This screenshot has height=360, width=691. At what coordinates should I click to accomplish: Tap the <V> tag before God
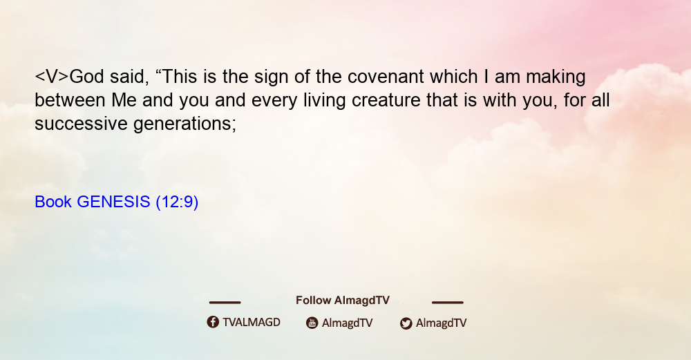[x=52, y=77]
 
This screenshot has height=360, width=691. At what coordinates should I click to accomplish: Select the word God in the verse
[x=87, y=77]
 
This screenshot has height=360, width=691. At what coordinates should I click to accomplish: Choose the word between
[x=70, y=100]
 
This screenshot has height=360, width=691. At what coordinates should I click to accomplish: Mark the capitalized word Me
[x=124, y=100]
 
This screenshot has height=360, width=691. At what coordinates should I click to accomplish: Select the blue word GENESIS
[x=113, y=202]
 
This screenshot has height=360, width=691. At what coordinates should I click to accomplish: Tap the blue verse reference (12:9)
[x=177, y=202]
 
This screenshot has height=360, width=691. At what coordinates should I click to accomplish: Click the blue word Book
[x=53, y=202]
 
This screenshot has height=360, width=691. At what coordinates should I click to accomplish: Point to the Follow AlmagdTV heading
[x=343, y=301]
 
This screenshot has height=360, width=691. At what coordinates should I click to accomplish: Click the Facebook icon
[x=213, y=322]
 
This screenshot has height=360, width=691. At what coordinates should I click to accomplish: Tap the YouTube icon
[x=312, y=323]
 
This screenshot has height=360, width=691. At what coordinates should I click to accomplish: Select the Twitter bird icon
[x=406, y=323]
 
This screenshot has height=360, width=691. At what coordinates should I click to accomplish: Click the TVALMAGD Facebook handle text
[x=252, y=323]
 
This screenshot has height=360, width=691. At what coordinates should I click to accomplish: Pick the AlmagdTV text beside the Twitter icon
[x=441, y=323]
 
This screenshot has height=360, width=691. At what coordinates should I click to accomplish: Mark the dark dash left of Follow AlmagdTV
[x=225, y=302]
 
